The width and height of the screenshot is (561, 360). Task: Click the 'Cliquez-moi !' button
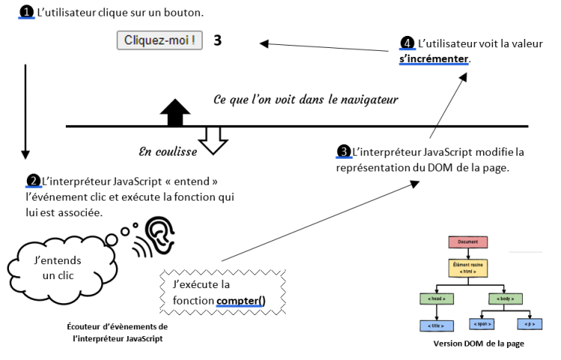(x=160, y=40)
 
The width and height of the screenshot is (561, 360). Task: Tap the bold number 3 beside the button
(x=218, y=40)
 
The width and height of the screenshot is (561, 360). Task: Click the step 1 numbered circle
(x=26, y=13)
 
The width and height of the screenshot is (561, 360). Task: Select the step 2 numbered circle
(x=34, y=180)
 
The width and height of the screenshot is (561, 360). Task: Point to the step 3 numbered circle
(x=344, y=152)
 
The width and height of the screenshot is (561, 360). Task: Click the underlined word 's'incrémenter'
(x=434, y=58)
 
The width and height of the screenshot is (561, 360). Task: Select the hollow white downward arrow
(x=213, y=139)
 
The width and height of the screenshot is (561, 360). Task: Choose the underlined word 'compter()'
(x=241, y=302)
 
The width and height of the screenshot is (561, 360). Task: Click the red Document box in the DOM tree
(x=467, y=242)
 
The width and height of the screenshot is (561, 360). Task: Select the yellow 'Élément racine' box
(x=467, y=268)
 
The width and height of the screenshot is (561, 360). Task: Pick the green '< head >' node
(x=437, y=299)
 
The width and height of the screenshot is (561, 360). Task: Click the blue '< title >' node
(x=437, y=326)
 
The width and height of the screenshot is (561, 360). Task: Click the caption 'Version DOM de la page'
(x=478, y=344)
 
